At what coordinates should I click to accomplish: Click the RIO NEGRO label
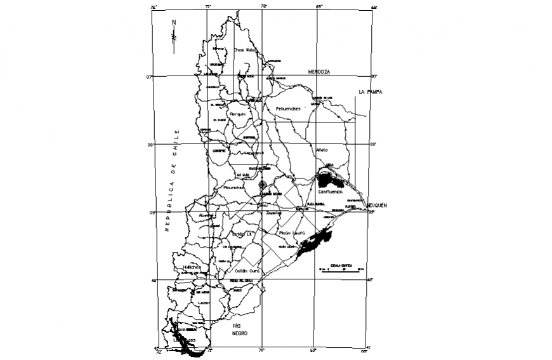(239, 330)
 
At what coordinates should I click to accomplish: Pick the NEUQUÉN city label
(376, 206)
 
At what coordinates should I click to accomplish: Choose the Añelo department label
(322, 150)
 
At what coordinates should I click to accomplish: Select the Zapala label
(273, 213)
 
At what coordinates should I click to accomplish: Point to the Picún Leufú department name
(292, 233)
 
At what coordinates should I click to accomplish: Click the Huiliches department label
(191, 267)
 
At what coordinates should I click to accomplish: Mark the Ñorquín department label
(238, 114)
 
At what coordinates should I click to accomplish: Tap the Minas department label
(219, 49)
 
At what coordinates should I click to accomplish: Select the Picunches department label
(233, 187)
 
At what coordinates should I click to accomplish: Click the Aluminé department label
(207, 216)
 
